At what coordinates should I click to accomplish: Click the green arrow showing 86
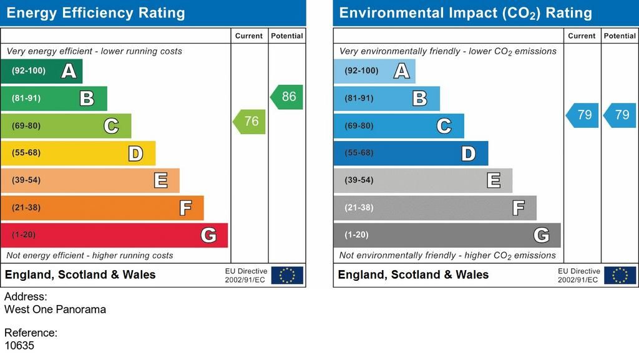tap(287, 97)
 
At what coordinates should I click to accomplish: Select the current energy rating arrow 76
tap(250, 122)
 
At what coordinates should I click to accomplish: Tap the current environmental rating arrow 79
tap(583, 115)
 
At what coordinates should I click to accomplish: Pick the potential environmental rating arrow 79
tap(620, 115)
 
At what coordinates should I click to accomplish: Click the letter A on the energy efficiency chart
tap(69, 71)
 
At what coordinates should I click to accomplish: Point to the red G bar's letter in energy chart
tap(208, 235)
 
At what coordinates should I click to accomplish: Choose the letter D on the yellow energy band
tap(135, 153)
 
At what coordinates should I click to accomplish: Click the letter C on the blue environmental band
tap(444, 126)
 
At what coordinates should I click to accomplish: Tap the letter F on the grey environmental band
tap(518, 208)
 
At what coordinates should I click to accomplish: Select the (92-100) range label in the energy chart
tap(29, 71)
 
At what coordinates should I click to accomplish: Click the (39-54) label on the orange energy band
tap(26, 180)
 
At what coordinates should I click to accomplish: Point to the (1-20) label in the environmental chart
tap(356, 235)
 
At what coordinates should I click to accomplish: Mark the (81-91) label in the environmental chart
tap(359, 99)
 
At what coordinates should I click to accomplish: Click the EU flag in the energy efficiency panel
tap(287, 275)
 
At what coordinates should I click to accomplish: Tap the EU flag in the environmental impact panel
tap(620, 275)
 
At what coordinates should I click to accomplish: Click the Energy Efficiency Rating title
tap(95, 13)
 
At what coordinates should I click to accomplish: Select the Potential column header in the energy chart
tap(287, 36)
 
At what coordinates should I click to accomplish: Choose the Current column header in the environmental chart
tap(582, 36)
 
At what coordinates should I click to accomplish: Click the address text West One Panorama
tap(56, 309)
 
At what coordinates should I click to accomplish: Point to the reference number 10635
tap(19, 345)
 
